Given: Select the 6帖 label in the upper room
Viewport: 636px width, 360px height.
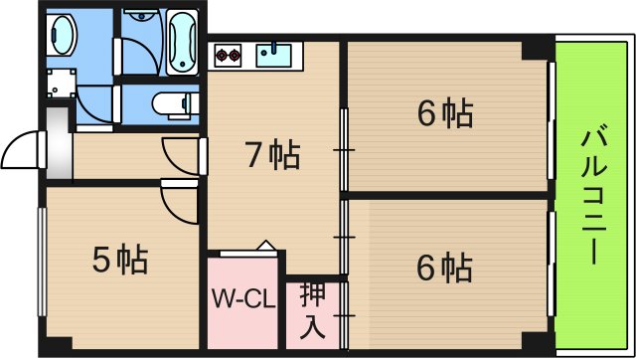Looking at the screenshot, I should point(444,115).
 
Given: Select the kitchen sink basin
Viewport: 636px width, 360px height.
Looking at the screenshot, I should point(273,56).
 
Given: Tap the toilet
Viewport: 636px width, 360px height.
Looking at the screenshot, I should point(174,101).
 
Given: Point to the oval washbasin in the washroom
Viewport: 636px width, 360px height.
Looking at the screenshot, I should point(61,38).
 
